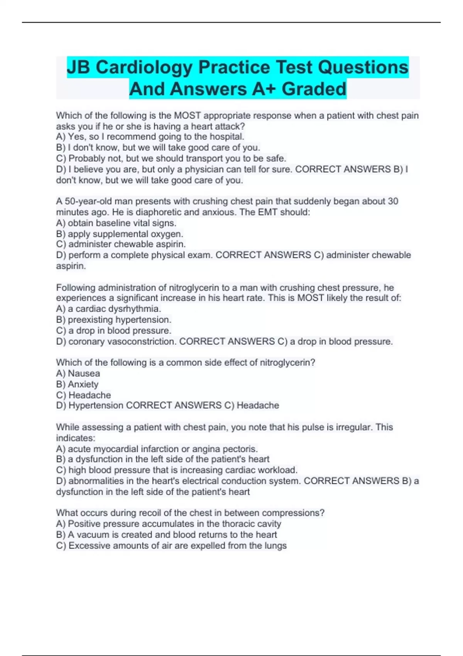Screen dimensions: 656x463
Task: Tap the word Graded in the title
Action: [x=314, y=89]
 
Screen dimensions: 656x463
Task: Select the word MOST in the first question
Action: [x=188, y=115]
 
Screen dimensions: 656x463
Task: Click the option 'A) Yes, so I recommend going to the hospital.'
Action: [x=150, y=137]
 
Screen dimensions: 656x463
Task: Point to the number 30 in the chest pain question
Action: [x=393, y=201]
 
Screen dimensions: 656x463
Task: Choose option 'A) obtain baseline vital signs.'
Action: [x=116, y=223]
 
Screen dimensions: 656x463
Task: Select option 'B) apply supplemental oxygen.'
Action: [x=120, y=233]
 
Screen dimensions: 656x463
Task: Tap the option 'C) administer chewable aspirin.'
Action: [x=121, y=244]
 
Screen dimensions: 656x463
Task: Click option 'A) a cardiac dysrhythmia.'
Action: [x=108, y=309]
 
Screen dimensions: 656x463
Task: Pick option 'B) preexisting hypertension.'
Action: [x=114, y=320]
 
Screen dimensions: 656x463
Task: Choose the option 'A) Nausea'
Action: [x=78, y=373]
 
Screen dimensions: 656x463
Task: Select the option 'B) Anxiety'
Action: [x=77, y=384]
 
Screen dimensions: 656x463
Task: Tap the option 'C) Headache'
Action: [x=83, y=395]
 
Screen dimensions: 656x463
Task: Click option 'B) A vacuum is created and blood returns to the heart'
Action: [x=166, y=534]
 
